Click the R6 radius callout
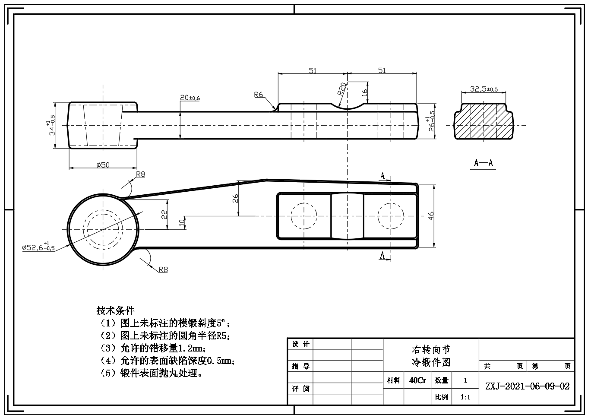pyautogui.click(x=259, y=95)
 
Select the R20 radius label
pyautogui.click(x=341, y=89)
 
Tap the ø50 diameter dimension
pyautogui.click(x=103, y=165)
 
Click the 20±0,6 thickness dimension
pyautogui.click(x=190, y=98)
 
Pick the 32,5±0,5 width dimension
pyautogui.click(x=484, y=89)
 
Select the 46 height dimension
pyautogui.click(x=430, y=216)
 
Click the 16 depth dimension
pyautogui.click(x=364, y=92)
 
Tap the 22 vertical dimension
pyautogui.click(x=164, y=214)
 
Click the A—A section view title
pyautogui.click(x=484, y=163)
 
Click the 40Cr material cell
pyautogui.click(x=417, y=380)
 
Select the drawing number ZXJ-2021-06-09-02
pyautogui.click(x=527, y=386)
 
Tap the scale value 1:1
pyautogui.click(x=465, y=397)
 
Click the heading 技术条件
pyautogui.click(x=115, y=310)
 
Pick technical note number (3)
pyautogui.click(x=153, y=348)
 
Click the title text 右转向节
pyautogui.click(x=431, y=350)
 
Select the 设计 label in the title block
pyautogui.click(x=300, y=344)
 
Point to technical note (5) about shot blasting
pyautogui.click(x=152, y=373)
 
